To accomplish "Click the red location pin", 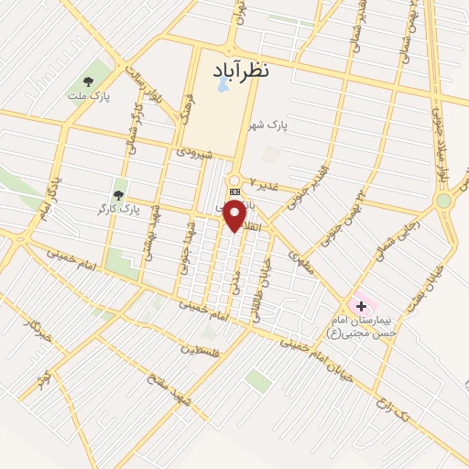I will [235, 216].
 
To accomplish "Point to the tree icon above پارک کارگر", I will [117, 194].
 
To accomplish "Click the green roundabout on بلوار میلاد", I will [444, 201].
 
